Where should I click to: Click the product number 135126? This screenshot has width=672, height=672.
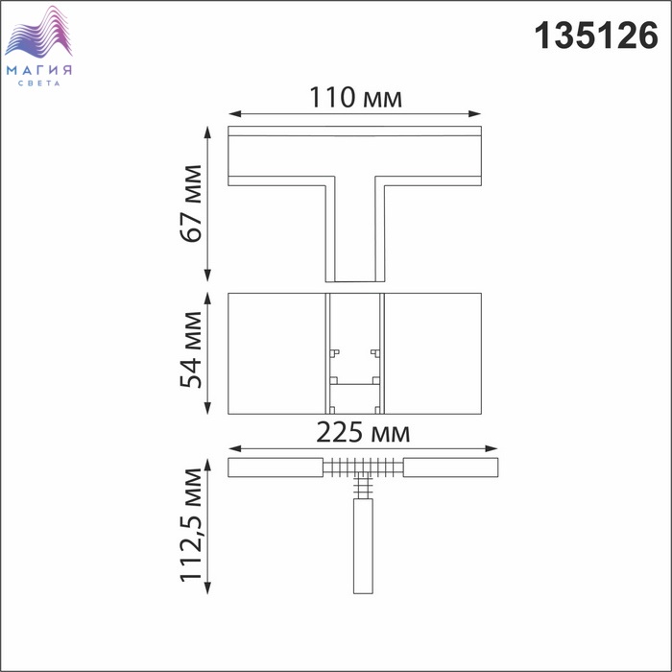(x=596, y=36)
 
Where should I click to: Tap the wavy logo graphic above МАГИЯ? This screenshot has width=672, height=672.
(x=38, y=32)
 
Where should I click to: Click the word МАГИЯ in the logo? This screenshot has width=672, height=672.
(x=39, y=70)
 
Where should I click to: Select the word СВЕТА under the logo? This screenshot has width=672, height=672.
(x=39, y=84)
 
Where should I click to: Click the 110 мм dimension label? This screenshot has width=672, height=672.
(x=355, y=98)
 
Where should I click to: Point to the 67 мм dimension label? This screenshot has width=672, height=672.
(x=191, y=204)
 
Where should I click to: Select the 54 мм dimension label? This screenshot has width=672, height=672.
(x=191, y=350)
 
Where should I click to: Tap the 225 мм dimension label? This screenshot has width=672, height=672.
(x=363, y=432)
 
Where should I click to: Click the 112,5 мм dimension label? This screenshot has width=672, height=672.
(x=191, y=525)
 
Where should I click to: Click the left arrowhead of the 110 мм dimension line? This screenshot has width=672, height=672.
(x=235, y=114)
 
